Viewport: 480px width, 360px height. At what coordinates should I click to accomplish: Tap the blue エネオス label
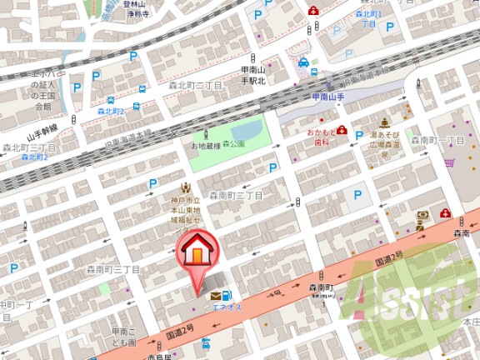pyautogui.click(x=227, y=307)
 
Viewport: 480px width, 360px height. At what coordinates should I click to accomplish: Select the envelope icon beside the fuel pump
pyautogui.click(x=217, y=295)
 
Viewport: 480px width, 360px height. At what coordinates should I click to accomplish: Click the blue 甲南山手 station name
pyautogui.click(x=329, y=97)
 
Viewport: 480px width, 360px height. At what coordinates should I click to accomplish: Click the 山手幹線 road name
pyautogui.click(x=42, y=132)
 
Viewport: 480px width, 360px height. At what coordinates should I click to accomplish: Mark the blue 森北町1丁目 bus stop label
pyautogui.click(x=367, y=19)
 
